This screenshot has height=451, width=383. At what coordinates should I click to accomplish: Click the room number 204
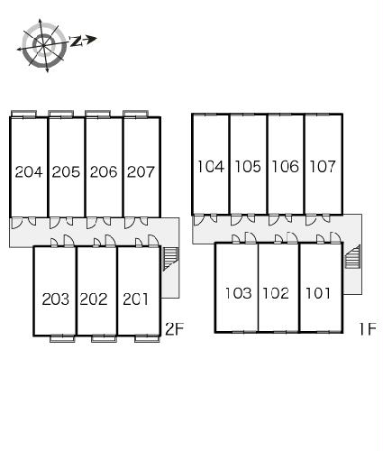point(29,172)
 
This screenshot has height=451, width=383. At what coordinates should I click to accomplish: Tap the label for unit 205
point(66,172)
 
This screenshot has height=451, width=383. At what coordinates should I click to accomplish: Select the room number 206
point(104,172)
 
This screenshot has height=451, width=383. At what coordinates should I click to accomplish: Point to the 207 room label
point(141,172)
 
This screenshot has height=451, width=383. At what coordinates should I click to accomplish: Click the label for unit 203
point(56,299)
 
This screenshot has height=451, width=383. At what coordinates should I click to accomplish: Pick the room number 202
point(94,299)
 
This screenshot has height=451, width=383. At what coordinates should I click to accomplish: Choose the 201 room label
point(135,299)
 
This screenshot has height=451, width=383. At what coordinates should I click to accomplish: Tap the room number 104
point(211,167)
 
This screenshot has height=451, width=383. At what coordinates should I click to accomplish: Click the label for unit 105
point(248,167)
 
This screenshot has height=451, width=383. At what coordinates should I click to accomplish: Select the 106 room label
point(286,167)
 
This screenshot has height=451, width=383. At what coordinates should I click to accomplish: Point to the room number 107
point(323,167)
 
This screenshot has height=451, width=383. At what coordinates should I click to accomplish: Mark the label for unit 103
point(238,293)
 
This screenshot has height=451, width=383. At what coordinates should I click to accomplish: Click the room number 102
point(276,293)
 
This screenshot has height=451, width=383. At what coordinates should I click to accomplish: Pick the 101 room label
point(318,293)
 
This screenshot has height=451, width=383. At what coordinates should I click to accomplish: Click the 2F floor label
point(174,328)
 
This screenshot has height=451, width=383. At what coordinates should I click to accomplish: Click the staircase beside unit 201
point(170,259)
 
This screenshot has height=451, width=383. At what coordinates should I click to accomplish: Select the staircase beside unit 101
point(352,256)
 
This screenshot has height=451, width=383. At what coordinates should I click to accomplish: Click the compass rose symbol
point(44,45)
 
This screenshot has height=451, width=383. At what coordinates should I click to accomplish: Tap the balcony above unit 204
point(23,114)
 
